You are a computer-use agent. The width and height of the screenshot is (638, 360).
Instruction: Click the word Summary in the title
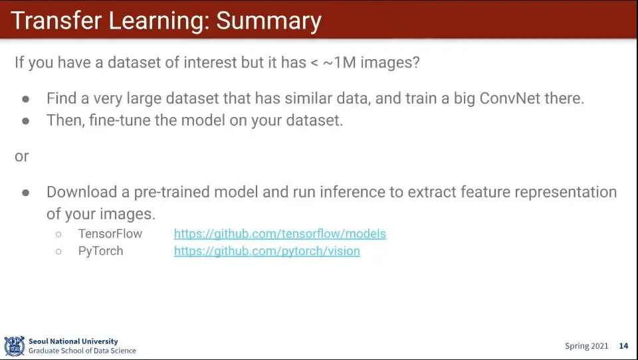click(x=268, y=21)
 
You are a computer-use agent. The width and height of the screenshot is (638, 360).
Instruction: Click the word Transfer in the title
click(x=56, y=21)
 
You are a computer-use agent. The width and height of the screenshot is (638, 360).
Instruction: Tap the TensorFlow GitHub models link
click(x=280, y=234)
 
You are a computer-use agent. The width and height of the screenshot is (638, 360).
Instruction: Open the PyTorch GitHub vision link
click(x=267, y=251)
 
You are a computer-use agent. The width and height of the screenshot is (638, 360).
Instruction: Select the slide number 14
click(x=623, y=346)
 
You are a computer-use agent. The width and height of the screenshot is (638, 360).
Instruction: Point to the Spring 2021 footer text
click(x=586, y=346)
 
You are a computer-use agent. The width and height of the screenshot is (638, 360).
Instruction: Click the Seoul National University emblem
click(x=14, y=346)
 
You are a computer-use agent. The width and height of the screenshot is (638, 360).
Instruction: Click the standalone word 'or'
click(x=21, y=156)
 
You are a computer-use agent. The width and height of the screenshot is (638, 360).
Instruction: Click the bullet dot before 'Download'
click(x=26, y=193)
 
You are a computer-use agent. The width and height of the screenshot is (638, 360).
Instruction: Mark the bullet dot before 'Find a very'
click(x=26, y=99)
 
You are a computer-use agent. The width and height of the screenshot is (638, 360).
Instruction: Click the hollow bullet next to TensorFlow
click(x=58, y=234)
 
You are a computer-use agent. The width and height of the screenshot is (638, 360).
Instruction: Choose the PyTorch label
click(x=100, y=251)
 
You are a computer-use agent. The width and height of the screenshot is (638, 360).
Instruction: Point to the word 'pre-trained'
click(x=171, y=192)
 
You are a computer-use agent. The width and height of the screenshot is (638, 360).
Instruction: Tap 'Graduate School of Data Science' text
click(x=82, y=351)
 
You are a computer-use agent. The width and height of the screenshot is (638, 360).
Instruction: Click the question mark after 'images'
click(x=415, y=62)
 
